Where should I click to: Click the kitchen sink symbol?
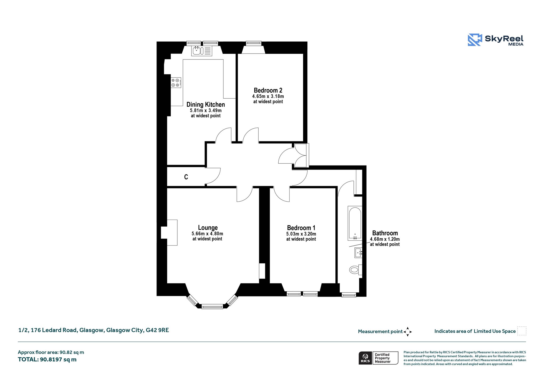tap(202, 51)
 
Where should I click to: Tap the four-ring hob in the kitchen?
tap(176, 82)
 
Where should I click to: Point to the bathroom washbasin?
tap(358, 252)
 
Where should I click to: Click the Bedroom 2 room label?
tap(268, 90)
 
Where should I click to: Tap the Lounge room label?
tap(208, 228)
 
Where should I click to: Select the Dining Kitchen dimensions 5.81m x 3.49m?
tap(206, 110)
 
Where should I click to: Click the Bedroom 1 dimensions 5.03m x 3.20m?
tap(301, 234)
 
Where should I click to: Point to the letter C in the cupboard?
tap(186, 177)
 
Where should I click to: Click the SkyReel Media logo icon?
tap(475, 40)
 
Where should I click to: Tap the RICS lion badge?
tap(365, 358)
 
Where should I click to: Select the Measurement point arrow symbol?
tap(408, 332)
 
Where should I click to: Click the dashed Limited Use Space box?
tap(522, 331)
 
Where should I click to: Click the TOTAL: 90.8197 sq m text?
tap(47, 359)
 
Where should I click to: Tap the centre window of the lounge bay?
tap(212, 307)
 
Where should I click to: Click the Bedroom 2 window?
tap(254, 43)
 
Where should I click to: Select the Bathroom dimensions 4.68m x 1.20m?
tap(385, 239)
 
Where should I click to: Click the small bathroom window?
tap(349, 295)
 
